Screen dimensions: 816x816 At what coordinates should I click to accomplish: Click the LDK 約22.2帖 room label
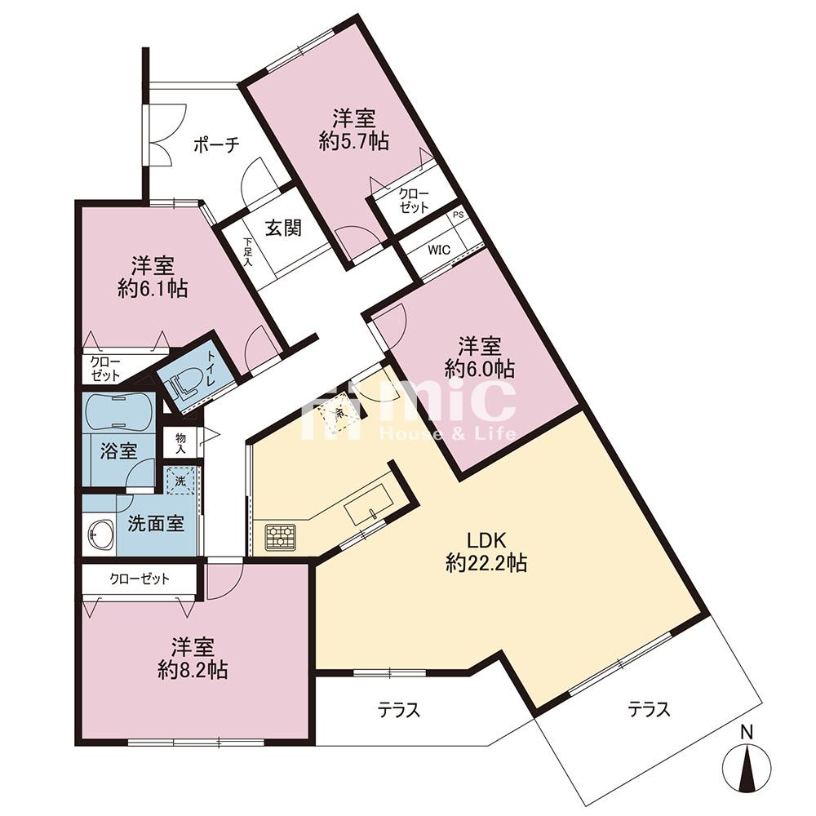[486, 552]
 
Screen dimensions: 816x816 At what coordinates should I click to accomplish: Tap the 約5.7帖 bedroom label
[354, 130]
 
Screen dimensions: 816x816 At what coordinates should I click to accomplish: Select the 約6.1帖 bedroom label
[153, 277]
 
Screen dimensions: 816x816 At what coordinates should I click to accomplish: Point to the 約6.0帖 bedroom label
[480, 357]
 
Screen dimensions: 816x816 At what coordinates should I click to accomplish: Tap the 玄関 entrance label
[284, 228]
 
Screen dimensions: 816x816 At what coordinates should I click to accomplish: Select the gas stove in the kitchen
[281, 537]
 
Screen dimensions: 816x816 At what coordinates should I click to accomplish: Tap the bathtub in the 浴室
[118, 411]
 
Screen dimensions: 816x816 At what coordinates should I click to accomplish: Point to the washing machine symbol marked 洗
[180, 481]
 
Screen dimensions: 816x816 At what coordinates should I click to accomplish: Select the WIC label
[439, 250]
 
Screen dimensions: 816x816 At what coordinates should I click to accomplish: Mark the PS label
[458, 215]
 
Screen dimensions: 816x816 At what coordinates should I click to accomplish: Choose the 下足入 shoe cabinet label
[248, 252]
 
